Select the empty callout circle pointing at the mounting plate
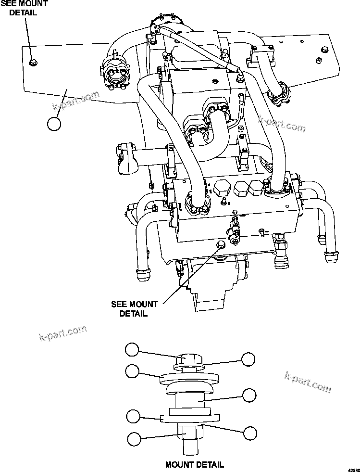(x=54, y=124)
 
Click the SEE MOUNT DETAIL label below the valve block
(x=134, y=308)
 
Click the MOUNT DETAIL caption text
(x=194, y=464)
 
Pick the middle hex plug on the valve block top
(x=240, y=189)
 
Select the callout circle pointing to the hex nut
(x=134, y=438)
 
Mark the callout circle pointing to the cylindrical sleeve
(x=249, y=395)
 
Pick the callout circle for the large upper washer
(x=133, y=370)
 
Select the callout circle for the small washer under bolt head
(x=248, y=359)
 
